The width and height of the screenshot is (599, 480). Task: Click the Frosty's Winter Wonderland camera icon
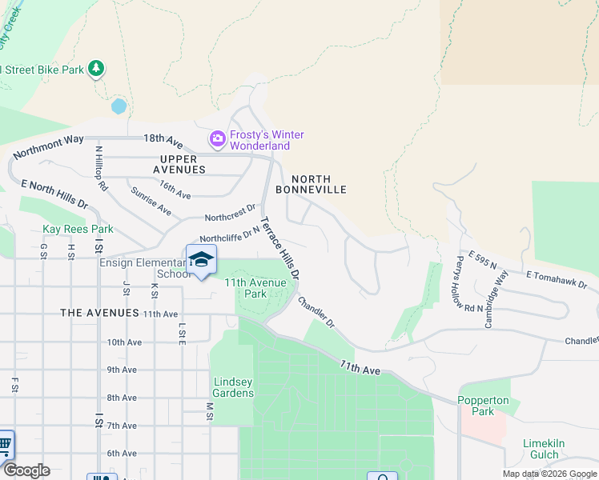217,139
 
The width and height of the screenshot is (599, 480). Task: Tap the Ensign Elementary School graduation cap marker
201,260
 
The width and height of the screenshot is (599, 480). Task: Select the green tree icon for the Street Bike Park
96,69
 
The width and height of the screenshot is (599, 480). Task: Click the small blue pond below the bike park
119,106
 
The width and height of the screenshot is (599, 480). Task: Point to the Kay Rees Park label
78,230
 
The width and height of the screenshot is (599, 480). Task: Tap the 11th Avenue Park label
255,288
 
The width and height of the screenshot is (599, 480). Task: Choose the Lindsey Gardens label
233,387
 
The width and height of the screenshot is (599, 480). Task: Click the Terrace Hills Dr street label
280,248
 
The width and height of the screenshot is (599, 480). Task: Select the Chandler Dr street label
316,312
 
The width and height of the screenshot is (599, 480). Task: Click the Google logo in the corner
26,470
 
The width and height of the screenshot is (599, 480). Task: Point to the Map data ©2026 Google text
549,474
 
